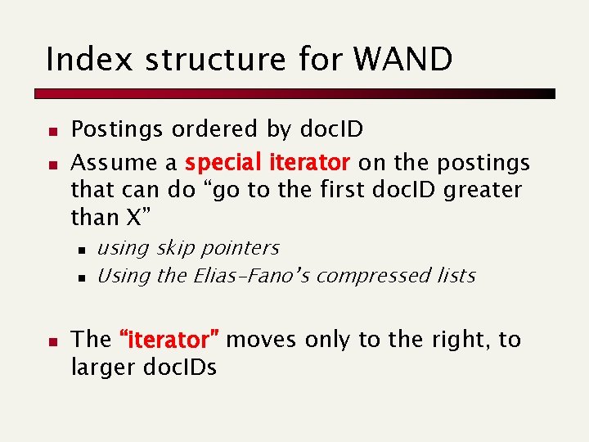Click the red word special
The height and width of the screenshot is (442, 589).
point(221,163)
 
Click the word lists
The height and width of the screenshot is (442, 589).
point(455,276)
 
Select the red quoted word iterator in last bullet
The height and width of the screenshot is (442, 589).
point(169,340)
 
